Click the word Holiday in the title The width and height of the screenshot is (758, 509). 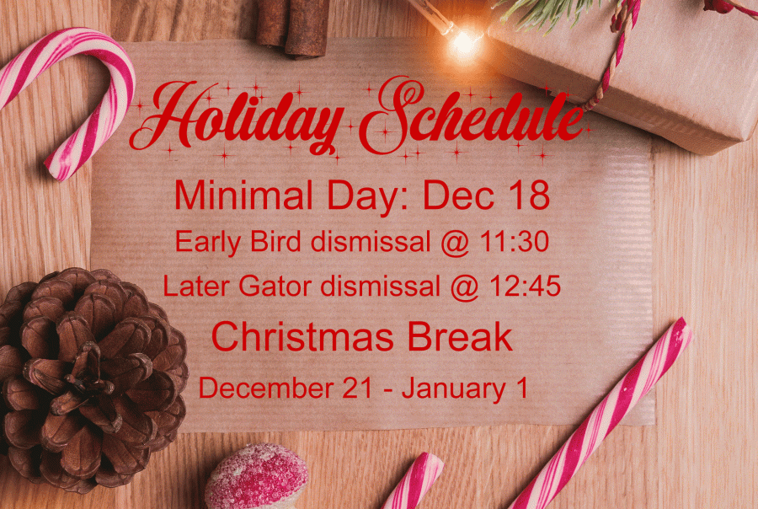(237, 119)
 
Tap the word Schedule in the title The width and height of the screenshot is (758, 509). (472, 116)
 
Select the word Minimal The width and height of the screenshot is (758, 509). (243, 195)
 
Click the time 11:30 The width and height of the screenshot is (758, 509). (514, 241)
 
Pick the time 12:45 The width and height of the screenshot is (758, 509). (525, 286)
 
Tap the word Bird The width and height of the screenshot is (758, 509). (275, 241)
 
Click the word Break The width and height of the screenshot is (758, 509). (460, 337)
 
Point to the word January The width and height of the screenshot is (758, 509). (453, 389)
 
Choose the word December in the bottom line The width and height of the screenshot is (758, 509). (266, 388)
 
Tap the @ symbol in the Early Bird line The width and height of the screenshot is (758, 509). (455, 242)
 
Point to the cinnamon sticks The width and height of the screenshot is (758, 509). (293, 27)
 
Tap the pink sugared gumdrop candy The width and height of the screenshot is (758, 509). (256, 477)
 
